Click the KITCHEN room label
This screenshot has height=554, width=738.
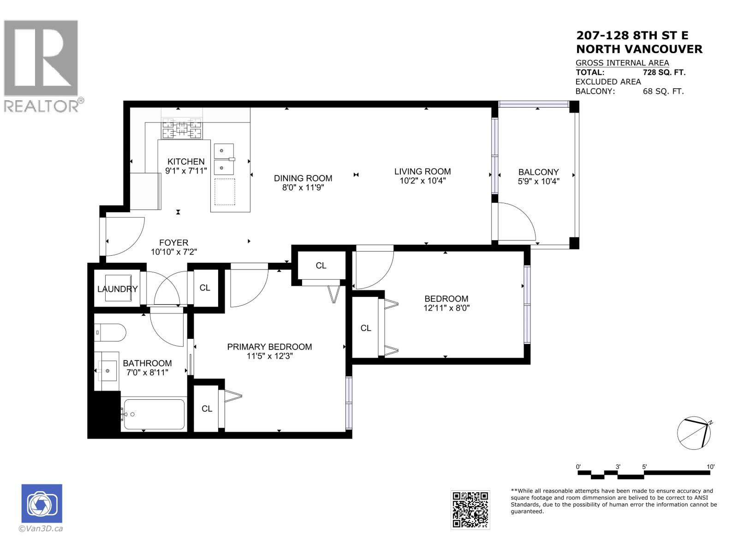pos(186,162)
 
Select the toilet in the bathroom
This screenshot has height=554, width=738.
pos(111,332)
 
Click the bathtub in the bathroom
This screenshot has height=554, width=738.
pos(154,414)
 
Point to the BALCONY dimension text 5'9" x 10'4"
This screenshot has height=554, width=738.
pos(538,181)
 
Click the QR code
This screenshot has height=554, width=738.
pos(470,510)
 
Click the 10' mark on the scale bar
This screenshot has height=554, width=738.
pos(710,467)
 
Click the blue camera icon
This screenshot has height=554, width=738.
pos(42,504)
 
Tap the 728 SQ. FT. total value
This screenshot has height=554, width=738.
pos(664,72)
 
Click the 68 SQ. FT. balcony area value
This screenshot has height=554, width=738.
pos(663,91)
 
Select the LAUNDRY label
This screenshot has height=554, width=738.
pos(117,289)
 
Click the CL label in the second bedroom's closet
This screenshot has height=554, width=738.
pos(366,328)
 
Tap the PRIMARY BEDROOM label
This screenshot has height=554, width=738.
pos(269,347)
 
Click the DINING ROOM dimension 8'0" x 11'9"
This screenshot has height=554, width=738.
pos(303,188)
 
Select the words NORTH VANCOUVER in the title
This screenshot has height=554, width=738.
pos(639,49)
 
